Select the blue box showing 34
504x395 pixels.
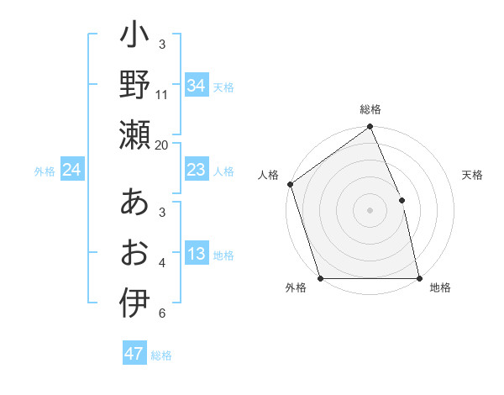pyautogui.click(x=196, y=85)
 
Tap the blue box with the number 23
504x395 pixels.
pyautogui.click(x=196, y=170)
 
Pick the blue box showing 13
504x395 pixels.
pyautogui.click(x=196, y=254)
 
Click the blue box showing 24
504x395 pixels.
pyautogui.click(x=72, y=170)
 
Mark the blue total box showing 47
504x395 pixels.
pyautogui.click(x=134, y=354)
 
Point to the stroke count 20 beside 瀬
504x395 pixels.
pyautogui.click(x=162, y=145)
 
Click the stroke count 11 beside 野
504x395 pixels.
pyautogui.click(x=162, y=95)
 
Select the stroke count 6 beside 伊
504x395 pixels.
pyautogui.click(x=162, y=313)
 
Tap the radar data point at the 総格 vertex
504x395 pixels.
pyautogui.click(x=370, y=128)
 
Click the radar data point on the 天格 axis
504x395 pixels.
pyautogui.click(x=402, y=200)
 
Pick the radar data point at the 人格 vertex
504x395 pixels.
pyautogui.click(x=290, y=184)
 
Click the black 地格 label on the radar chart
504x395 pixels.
pyautogui.click(x=440, y=287)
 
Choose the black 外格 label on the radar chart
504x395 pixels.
pyautogui.click(x=296, y=287)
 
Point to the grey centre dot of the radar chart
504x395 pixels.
pyautogui.click(x=370, y=210)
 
